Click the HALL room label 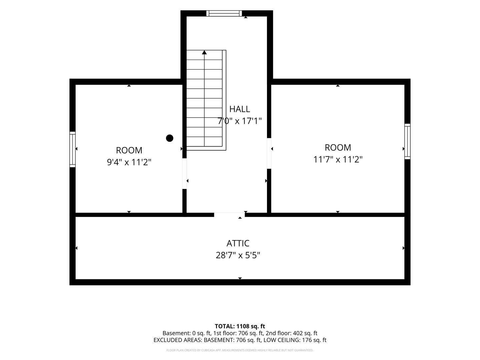click(239, 109)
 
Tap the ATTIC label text click(238, 243)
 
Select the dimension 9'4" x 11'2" click(129, 162)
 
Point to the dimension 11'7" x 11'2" click(338, 159)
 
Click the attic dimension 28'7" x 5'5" click(238, 255)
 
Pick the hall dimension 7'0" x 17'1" click(239, 121)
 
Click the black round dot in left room click(170, 138)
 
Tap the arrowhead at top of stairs click(204, 52)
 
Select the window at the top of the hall click(224, 13)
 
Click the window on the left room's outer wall click(73, 149)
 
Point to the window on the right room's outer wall click(407, 141)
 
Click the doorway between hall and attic click(229, 215)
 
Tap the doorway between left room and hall click(185, 174)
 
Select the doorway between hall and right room click(269, 153)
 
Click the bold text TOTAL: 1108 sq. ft click(240, 326)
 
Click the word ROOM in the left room click(129, 150)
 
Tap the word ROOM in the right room click(338, 148)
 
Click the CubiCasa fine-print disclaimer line click(240, 350)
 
